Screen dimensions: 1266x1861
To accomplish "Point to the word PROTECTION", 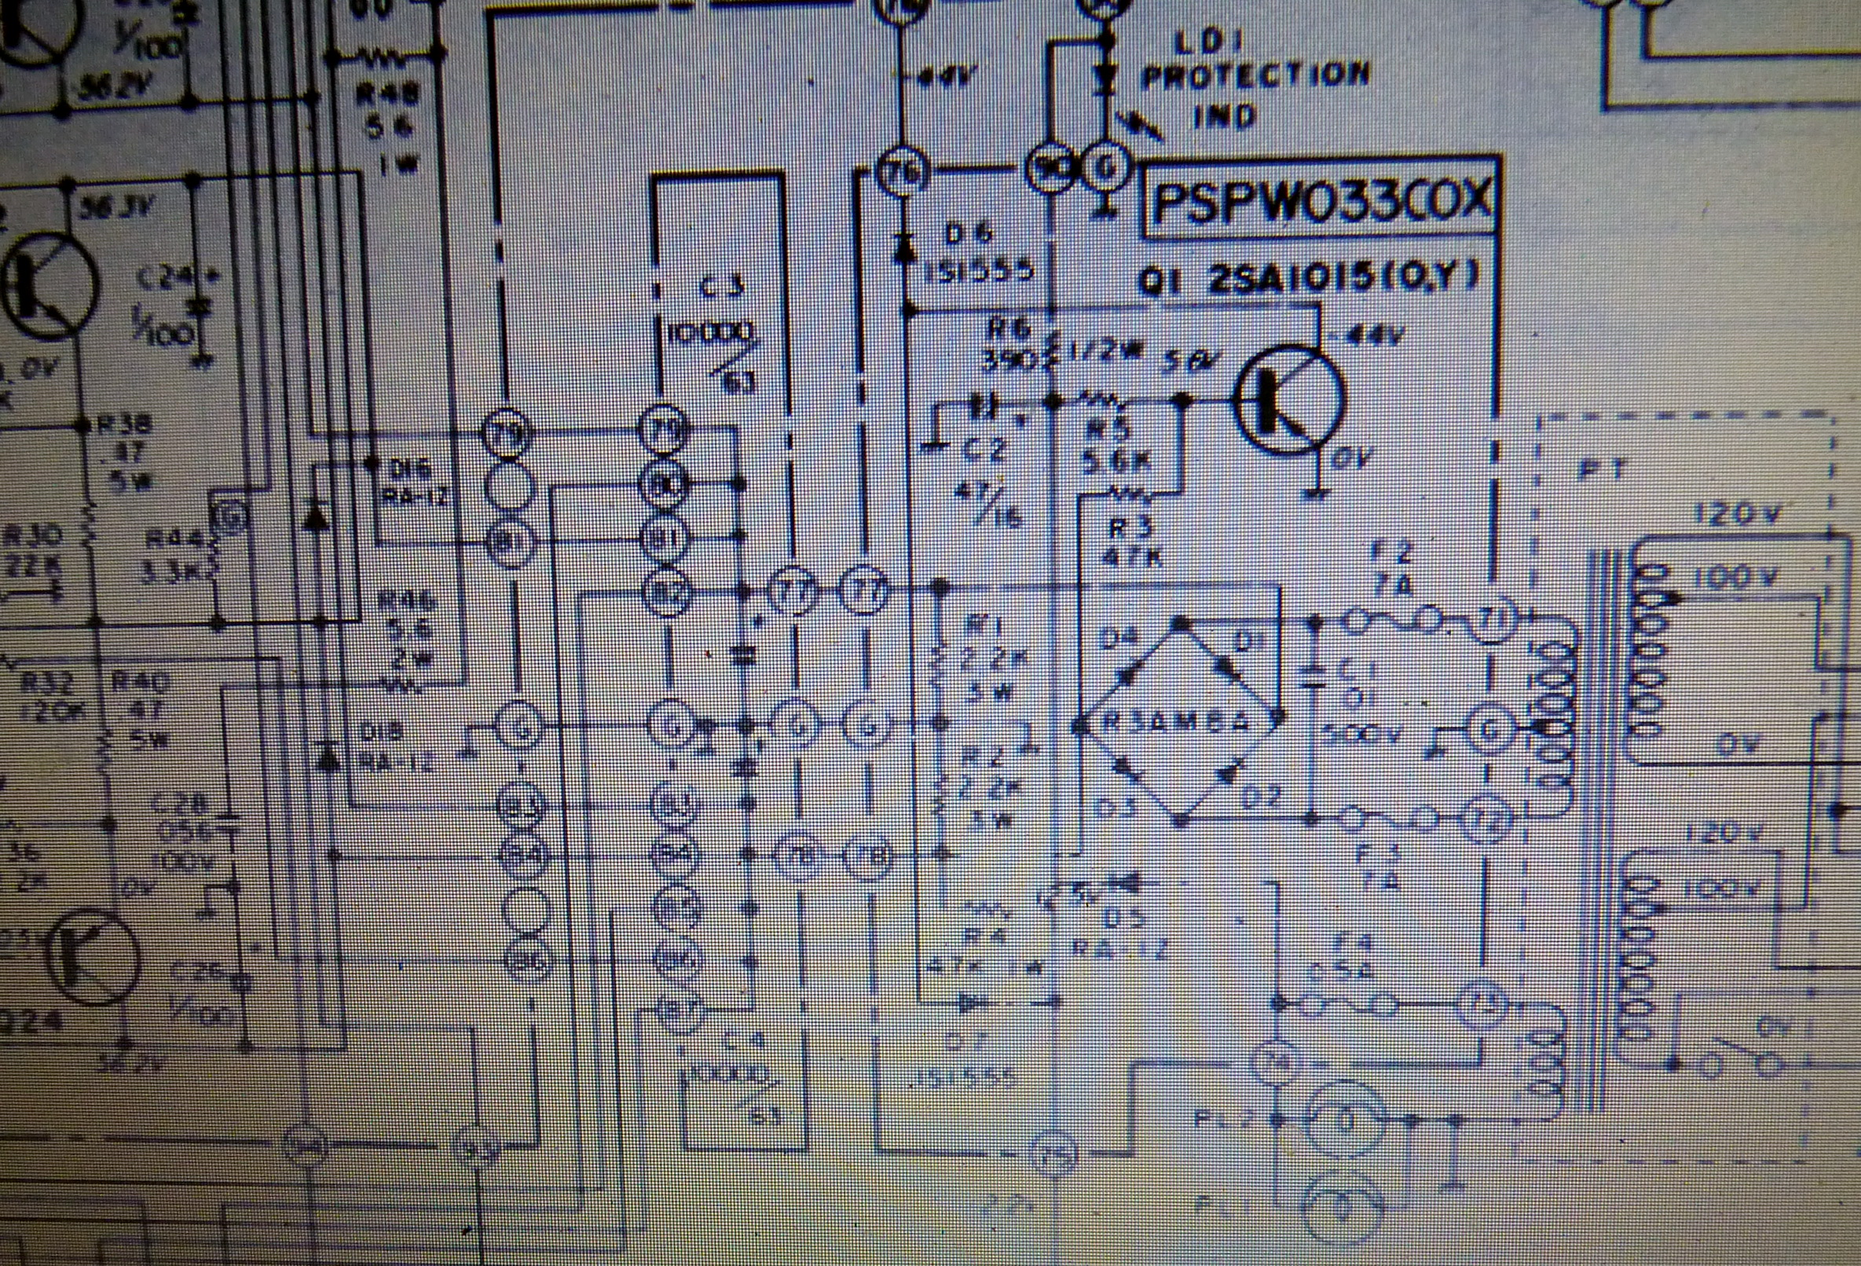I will (1255, 77).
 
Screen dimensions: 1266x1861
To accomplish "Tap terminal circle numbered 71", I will (1490, 617).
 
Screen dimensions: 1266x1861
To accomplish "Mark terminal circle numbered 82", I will (667, 591).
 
